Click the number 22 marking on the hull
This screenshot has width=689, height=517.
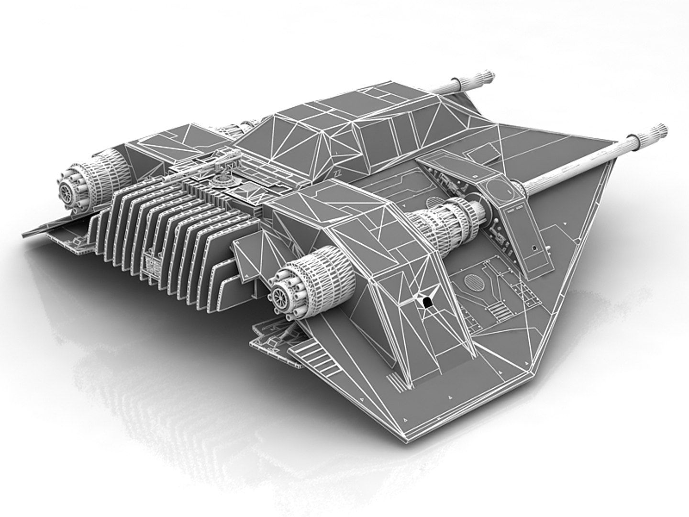pyautogui.click(x=338, y=172)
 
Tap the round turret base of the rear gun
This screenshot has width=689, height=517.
pyautogui.click(x=222, y=180)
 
